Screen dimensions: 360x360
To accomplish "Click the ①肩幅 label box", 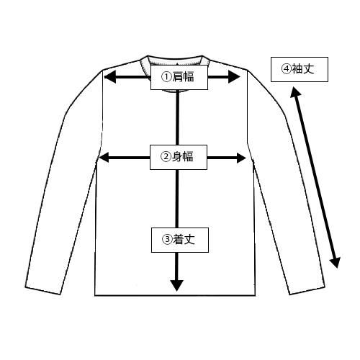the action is coord(179,77).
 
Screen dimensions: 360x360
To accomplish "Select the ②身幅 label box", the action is coord(179,157).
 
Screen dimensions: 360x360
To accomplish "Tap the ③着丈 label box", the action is coord(180,240).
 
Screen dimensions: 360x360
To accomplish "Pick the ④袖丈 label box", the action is coord(300,69).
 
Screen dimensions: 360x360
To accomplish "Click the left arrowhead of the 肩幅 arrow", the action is coord(110,77).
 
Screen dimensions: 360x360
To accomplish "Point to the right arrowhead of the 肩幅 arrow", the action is coord(234,77).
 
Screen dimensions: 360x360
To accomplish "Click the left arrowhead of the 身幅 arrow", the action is coord(104,158).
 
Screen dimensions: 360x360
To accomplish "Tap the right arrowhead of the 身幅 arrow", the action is coord(241,158).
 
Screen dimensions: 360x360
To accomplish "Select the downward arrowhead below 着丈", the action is coord(177,286).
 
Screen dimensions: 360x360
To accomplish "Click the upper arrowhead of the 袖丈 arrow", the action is coord(295,92).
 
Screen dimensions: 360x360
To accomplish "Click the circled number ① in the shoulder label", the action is coord(166,77).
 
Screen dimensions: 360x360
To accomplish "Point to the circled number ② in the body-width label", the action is coord(165,157).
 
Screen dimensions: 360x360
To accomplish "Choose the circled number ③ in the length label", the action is coord(167,239).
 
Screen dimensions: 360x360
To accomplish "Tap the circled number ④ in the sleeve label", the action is coord(286,69).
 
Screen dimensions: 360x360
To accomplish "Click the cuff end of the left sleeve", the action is coord(43,291).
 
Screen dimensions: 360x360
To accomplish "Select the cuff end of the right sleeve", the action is coord(307,290).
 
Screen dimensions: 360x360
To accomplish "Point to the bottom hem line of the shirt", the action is coord(175,295).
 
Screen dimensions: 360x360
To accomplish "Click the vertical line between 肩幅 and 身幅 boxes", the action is coord(178,117).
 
